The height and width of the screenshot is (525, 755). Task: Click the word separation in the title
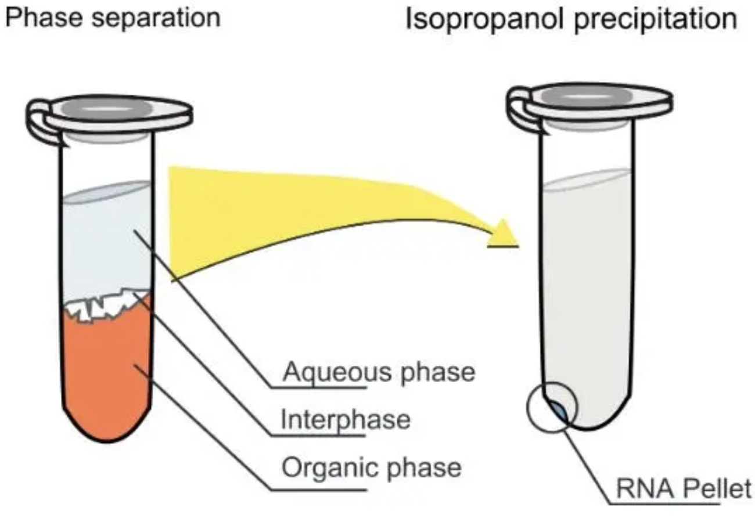156,19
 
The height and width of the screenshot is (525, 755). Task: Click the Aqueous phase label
379,372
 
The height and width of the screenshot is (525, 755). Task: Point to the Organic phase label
372,469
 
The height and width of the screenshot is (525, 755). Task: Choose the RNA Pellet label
684,488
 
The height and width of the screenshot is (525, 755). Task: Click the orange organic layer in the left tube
106,371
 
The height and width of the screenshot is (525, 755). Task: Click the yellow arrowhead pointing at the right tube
503,233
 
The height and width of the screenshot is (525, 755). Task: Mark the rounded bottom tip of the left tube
106,441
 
